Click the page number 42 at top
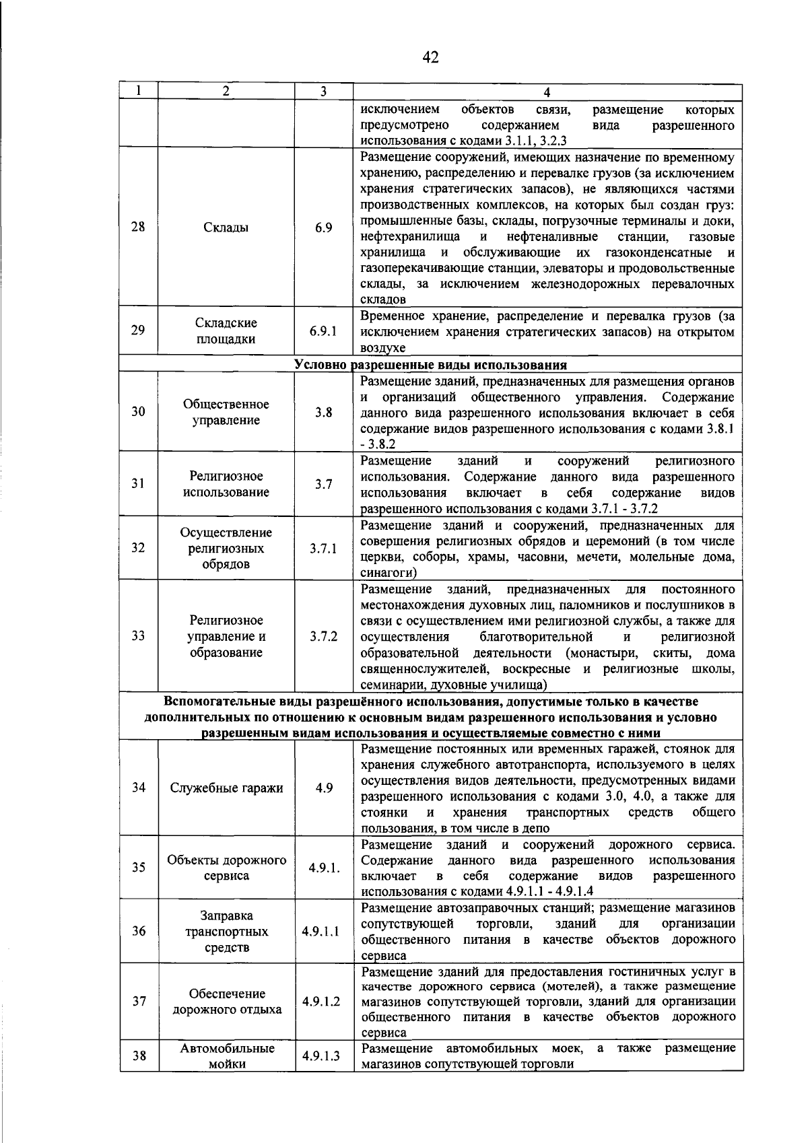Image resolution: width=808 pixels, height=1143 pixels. (430, 58)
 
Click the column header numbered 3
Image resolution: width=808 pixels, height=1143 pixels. (323, 92)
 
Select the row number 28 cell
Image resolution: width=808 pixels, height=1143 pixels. (138, 227)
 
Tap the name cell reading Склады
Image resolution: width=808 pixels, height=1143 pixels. (226, 228)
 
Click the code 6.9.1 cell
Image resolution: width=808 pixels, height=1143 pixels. (323, 331)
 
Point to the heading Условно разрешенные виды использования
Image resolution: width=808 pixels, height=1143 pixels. (431, 365)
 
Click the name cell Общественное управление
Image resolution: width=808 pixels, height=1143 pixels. (226, 412)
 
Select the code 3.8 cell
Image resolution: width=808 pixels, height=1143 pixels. (323, 412)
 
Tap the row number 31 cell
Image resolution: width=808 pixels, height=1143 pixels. (138, 483)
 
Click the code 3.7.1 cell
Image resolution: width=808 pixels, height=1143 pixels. (323, 548)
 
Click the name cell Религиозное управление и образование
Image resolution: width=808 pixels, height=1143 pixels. (226, 636)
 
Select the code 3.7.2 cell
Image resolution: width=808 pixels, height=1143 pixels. (323, 636)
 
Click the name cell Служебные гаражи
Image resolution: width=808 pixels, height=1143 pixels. (226, 788)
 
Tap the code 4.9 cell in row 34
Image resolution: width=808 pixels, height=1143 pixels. (323, 788)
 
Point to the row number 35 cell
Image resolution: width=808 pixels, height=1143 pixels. (138, 867)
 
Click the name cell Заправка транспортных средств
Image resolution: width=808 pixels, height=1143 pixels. (226, 932)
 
